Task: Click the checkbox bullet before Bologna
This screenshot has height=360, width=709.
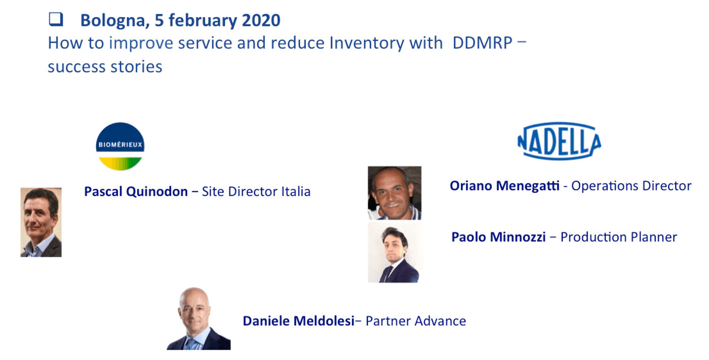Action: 56,19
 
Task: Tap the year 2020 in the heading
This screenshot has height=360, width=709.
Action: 261,20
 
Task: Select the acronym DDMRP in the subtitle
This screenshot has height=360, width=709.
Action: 482,43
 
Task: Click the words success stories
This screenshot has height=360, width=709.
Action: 105,67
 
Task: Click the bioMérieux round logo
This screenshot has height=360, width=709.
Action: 120,146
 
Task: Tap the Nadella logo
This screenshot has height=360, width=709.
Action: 559,141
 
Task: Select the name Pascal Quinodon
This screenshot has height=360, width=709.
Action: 136,192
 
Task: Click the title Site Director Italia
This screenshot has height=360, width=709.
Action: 256,192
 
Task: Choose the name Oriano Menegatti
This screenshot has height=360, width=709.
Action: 504,186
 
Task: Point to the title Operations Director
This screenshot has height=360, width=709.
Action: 631,186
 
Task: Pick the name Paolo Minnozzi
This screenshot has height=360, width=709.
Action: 498,237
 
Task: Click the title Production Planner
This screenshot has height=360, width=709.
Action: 618,237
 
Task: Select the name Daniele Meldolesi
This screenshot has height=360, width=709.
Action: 298,321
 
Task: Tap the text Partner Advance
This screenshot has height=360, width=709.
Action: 416,321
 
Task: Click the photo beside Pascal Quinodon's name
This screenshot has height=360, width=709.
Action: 41,222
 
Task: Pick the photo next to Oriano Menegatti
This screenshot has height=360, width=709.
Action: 395,193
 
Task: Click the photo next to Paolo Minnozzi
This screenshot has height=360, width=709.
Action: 395,253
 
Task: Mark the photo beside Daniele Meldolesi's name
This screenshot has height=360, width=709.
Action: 199,318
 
